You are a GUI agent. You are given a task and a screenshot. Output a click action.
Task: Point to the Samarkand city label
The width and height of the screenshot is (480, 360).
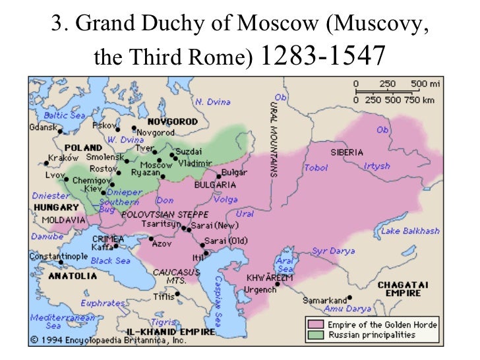[324, 300]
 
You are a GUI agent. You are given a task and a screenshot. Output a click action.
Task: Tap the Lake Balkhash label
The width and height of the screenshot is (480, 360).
[410, 231]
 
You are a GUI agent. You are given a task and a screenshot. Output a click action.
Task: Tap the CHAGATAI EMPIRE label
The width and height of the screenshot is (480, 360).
[404, 288]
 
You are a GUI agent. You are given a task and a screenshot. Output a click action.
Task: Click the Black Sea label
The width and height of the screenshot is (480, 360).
[111, 260]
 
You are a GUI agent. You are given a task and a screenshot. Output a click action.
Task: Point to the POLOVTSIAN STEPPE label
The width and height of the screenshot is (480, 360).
[165, 214]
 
